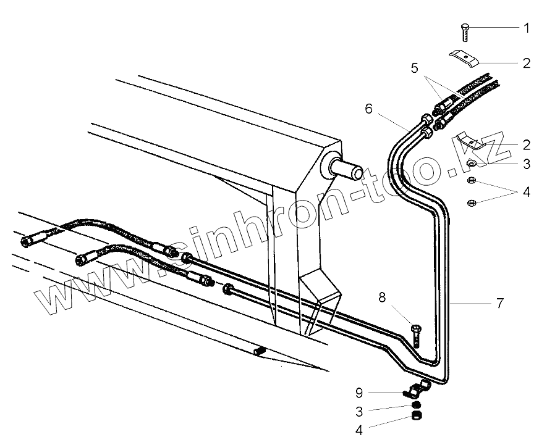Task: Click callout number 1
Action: point(526,28)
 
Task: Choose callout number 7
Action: point(499,303)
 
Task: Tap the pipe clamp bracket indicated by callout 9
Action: point(416,391)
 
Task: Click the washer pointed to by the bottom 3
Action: point(417,406)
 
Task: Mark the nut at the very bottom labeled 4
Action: point(417,417)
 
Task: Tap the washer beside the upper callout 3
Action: point(470,164)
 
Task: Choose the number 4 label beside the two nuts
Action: point(526,192)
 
